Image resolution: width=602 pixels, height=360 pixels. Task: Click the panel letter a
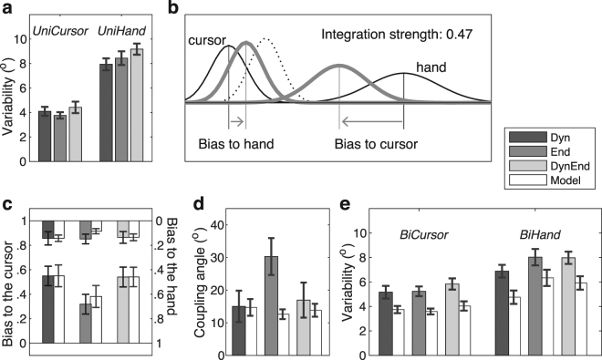(x=6, y=9)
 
